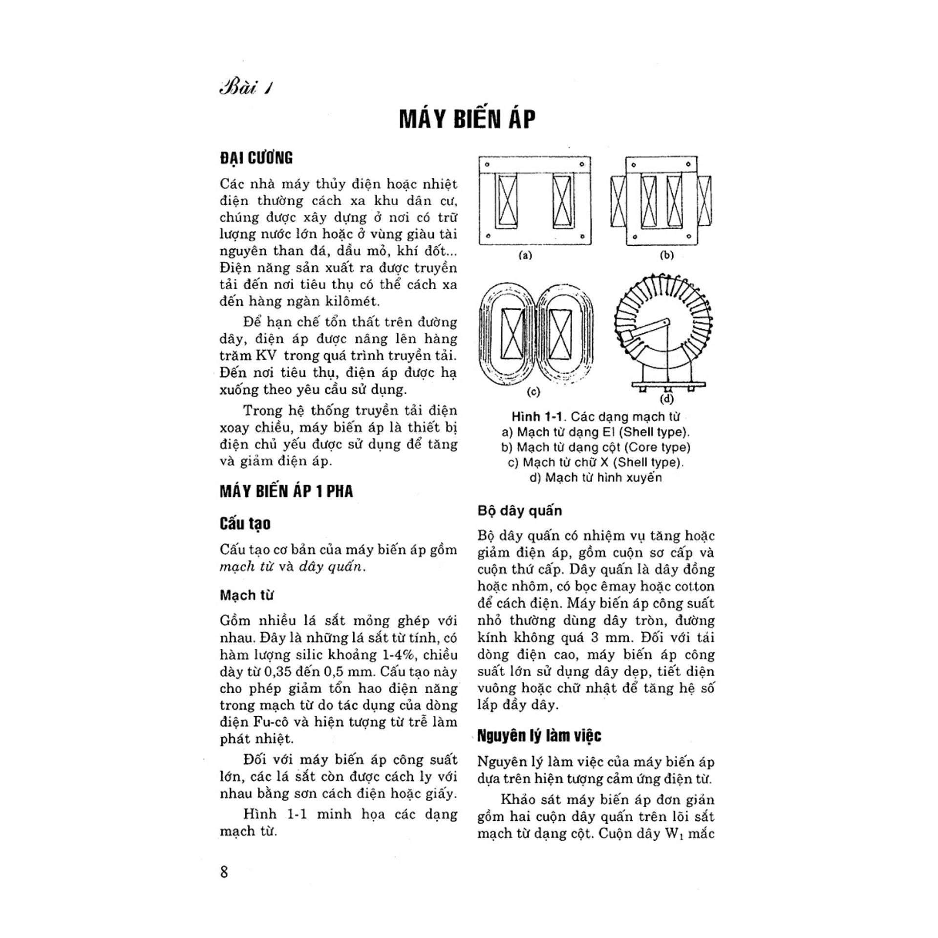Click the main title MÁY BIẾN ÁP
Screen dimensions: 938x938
pyautogui.click(x=468, y=119)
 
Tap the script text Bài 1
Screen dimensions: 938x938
pyautogui.click(x=246, y=89)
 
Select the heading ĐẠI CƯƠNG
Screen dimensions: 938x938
pyautogui.click(x=256, y=158)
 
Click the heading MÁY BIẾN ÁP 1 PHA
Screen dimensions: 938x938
pyautogui.click(x=286, y=491)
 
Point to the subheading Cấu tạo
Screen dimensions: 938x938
pyautogui.click(x=245, y=524)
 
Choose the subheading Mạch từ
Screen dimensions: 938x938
pyautogui.click(x=247, y=595)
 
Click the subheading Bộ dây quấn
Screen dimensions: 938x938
pyautogui.click(x=519, y=511)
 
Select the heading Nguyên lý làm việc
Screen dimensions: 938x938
pyautogui.click(x=539, y=735)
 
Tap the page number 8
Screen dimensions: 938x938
pyautogui.click(x=224, y=872)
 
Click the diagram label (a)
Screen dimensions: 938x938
pyautogui.click(x=525, y=255)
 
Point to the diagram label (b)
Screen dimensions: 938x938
pyautogui.click(x=666, y=255)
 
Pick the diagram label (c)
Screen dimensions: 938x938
pyautogui.click(x=533, y=391)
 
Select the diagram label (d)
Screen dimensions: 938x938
pyautogui.click(x=666, y=399)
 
